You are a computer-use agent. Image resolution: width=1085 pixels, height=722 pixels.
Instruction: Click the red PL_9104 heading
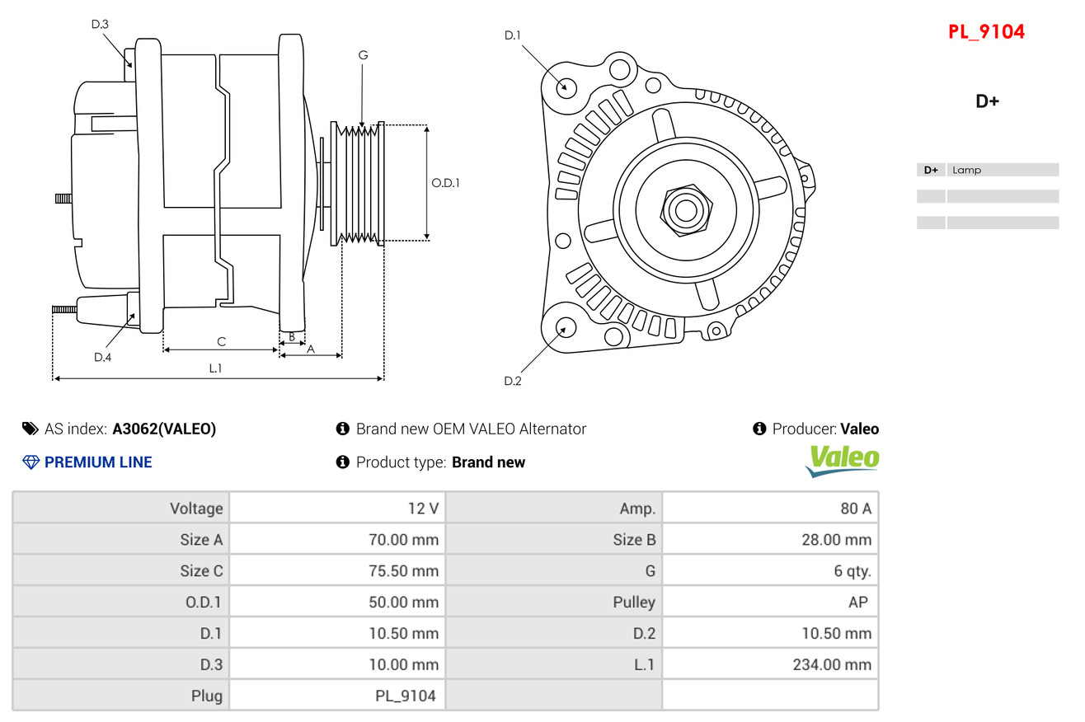pyautogui.click(x=986, y=32)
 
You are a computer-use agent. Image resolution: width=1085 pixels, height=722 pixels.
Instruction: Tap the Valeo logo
pyautogui.click(x=843, y=461)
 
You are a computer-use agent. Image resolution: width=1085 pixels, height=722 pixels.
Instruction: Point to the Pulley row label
pyautogui.click(x=634, y=602)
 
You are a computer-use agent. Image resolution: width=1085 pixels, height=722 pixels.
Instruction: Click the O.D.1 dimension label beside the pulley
pyautogui.click(x=445, y=183)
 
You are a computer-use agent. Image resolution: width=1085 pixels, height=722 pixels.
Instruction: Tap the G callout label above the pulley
pyautogui.click(x=363, y=55)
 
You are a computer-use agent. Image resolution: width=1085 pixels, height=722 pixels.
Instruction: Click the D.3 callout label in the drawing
pyautogui.click(x=100, y=24)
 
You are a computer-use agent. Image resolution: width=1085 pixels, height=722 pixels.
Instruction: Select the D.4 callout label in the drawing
pyautogui.click(x=103, y=358)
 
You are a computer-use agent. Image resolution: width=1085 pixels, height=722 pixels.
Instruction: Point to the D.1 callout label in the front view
pyautogui.click(x=513, y=35)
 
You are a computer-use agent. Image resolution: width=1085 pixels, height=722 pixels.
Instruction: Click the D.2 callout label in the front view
pyautogui.click(x=513, y=381)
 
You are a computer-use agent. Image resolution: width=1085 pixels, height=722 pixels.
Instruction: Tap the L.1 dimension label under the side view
pyautogui.click(x=215, y=368)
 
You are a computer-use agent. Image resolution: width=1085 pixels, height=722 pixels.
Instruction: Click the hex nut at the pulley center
pyautogui.click(x=686, y=211)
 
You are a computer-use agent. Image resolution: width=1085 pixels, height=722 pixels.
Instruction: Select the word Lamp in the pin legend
pyautogui.click(x=966, y=170)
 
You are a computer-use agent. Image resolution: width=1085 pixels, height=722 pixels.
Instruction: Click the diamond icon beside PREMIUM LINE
pyautogui.click(x=31, y=462)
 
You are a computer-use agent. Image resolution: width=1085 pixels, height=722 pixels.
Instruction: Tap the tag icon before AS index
pyautogui.click(x=30, y=429)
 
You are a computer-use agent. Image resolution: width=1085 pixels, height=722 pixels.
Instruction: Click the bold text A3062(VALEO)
pyautogui.click(x=164, y=429)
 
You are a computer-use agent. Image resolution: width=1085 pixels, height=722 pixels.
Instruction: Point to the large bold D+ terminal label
pyautogui.click(x=987, y=101)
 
